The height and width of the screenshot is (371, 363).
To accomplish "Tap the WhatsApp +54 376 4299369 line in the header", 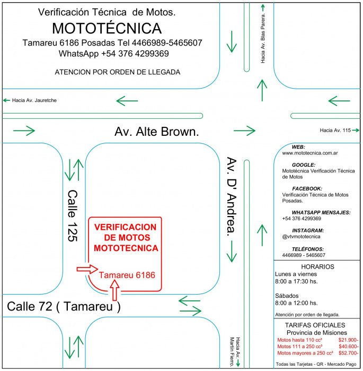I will [113, 54].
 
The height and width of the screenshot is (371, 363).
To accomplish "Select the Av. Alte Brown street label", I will [157, 132].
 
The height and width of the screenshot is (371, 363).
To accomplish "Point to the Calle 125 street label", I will [73, 216].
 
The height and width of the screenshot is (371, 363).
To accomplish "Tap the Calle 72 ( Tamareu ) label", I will [64, 306].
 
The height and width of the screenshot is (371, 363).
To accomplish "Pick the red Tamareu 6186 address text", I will [127, 275].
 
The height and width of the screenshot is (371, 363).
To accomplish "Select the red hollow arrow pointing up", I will [115, 291].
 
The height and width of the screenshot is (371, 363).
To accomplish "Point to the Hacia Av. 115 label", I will [337, 130].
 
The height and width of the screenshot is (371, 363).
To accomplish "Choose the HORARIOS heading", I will [317, 266].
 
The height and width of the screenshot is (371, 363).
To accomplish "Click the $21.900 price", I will [348, 340].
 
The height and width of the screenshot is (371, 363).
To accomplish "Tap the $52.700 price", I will [348, 353].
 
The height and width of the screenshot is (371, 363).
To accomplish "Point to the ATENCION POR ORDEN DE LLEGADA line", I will [117, 72].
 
